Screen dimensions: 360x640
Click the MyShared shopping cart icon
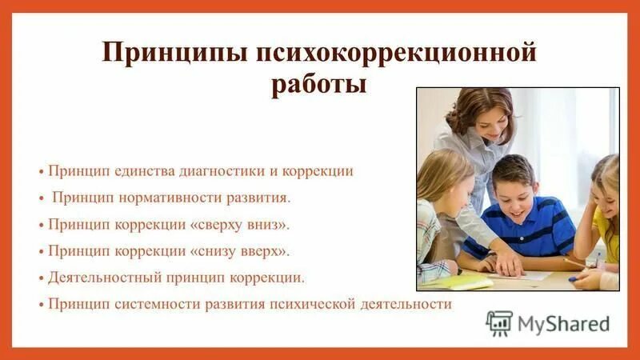(x=499, y=323)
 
